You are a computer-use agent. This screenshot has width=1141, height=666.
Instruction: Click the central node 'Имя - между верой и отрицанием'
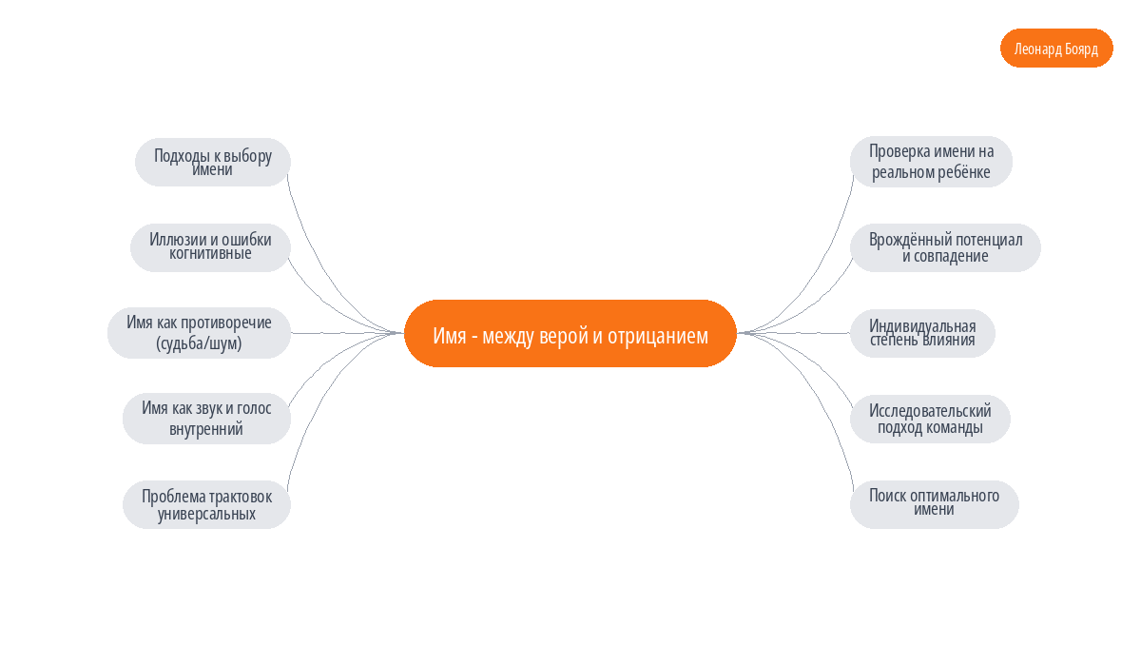click(x=570, y=333)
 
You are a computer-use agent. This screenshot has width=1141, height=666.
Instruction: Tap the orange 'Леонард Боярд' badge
click(x=1056, y=48)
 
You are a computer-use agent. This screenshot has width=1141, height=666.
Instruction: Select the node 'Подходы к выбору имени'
click(x=213, y=162)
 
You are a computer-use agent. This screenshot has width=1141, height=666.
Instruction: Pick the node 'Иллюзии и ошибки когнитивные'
click(x=210, y=247)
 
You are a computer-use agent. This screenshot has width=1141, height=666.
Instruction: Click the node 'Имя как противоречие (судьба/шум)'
click(x=199, y=333)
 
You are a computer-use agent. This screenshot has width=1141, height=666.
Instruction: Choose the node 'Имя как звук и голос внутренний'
click(x=207, y=419)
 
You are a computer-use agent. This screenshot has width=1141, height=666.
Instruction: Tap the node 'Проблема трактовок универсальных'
click(x=207, y=504)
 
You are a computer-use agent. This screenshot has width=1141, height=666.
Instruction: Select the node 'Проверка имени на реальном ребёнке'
click(x=931, y=162)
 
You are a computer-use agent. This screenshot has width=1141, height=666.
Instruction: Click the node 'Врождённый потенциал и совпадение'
click(x=945, y=247)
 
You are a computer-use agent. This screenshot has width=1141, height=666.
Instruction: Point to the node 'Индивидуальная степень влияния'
click(x=922, y=333)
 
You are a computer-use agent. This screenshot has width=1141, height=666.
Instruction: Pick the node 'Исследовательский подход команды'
click(x=930, y=419)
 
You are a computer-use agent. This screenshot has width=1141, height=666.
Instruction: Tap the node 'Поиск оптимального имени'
click(x=934, y=504)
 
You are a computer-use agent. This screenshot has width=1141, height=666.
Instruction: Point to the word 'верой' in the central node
click(x=561, y=336)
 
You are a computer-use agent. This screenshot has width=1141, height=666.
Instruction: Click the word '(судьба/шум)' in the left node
click(x=199, y=343)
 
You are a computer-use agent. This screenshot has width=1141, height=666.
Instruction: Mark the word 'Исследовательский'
click(x=930, y=411)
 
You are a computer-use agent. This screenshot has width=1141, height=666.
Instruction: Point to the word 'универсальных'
click(x=207, y=514)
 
